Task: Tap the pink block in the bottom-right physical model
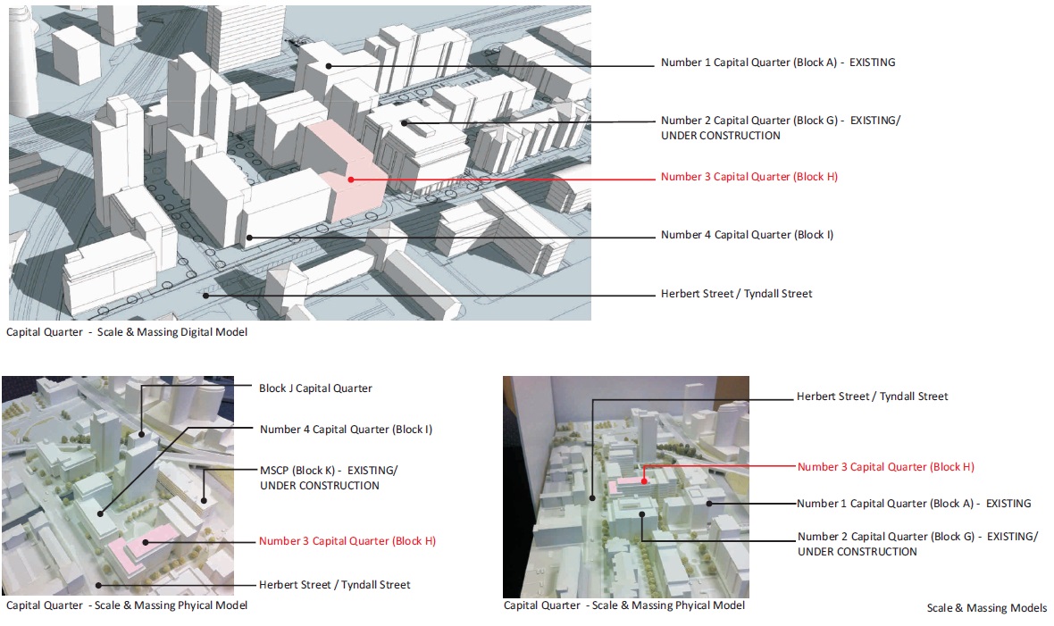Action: click(629, 483)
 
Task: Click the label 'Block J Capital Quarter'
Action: click(315, 388)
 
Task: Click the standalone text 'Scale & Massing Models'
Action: click(986, 608)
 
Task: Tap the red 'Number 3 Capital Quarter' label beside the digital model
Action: click(749, 177)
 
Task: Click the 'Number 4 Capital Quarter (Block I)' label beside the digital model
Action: click(747, 235)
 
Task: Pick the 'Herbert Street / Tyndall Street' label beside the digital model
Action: click(736, 294)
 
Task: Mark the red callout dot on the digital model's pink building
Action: click(352, 179)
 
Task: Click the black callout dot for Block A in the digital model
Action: click(329, 64)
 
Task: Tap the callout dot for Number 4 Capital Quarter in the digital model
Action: click(250, 238)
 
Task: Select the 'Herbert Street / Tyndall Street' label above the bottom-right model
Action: click(872, 396)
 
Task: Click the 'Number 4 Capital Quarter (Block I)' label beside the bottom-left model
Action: click(346, 430)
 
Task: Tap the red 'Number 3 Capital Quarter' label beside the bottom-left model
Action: click(347, 541)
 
